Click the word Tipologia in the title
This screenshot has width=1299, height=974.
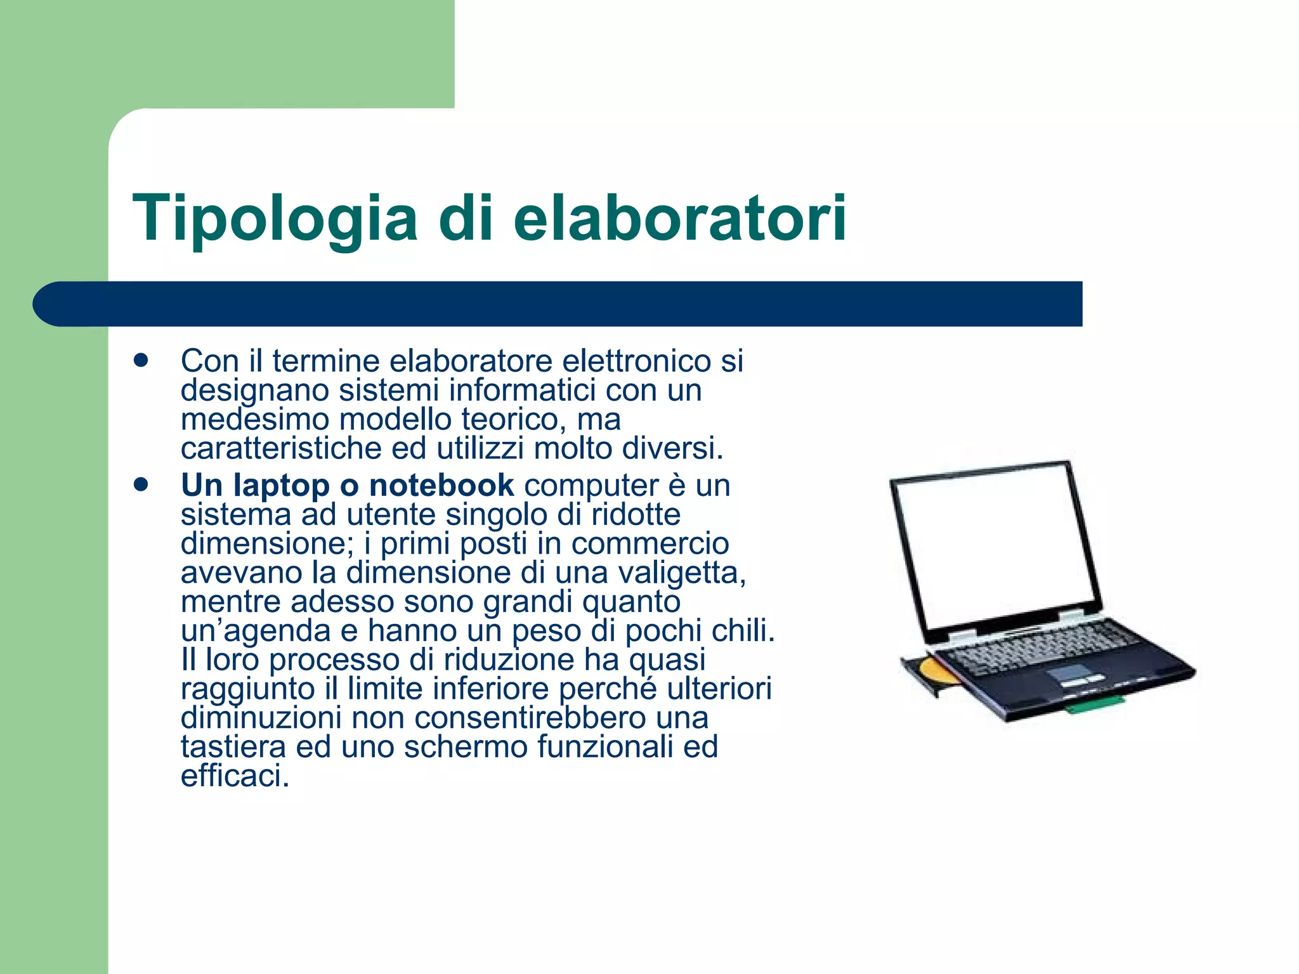pos(275,219)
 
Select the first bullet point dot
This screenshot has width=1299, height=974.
pos(141,360)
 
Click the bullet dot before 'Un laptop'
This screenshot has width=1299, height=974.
pos(141,485)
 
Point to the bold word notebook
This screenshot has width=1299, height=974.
pos(441,485)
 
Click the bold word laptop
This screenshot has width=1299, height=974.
pos(281,486)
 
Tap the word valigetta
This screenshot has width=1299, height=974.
pos(681,573)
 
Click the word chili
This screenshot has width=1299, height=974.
pos(743,630)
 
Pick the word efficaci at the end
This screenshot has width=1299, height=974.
pos(235,776)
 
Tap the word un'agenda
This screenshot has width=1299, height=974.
pos(256,631)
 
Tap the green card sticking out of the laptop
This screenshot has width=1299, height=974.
pos(1093,704)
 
